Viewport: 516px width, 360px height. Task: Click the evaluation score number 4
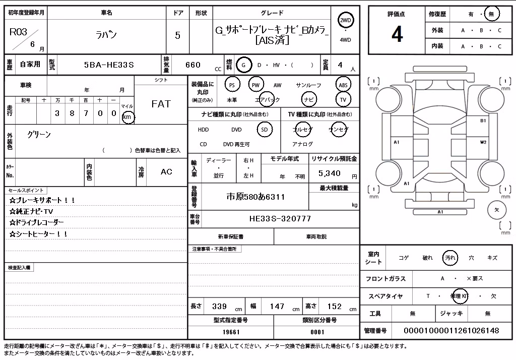point(397,34)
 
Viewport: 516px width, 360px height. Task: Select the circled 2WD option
point(345,21)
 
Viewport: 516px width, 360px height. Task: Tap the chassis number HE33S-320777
point(280,219)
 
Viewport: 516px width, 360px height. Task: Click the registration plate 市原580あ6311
point(255,197)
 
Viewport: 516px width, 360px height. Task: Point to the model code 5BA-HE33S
point(109,65)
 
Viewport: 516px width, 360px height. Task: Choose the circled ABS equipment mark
point(343,85)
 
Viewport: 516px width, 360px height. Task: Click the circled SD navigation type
point(265,130)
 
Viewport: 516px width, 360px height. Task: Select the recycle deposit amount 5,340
point(329,173)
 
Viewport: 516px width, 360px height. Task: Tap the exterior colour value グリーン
point(39,135)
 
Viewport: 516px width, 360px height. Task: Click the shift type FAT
point(161,104)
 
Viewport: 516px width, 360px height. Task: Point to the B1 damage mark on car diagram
point(483,121)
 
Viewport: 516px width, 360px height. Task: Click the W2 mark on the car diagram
point(483,142)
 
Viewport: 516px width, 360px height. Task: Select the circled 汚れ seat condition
point(450,258)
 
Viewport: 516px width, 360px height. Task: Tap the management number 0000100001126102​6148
point(451,330)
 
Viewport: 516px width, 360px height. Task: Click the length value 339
point(219,307)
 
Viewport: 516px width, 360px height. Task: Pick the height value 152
point(335,307)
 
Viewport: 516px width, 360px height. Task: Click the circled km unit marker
point(127,117)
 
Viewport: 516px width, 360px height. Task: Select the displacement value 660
point(193,65)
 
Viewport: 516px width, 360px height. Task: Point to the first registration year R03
point(19,32)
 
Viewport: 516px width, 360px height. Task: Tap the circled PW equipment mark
point(255,85)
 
